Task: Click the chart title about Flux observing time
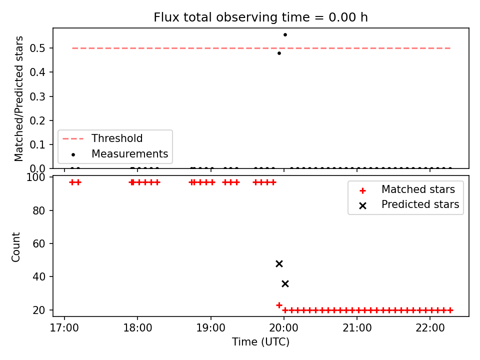(260, 17)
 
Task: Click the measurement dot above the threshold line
(285, 35)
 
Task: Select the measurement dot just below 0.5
(279, 53)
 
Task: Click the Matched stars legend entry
(407, 189)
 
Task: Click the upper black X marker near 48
(279, 263)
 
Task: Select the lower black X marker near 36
(285, 284)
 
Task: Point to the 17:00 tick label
(64, 328)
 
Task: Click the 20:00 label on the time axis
(284, 328)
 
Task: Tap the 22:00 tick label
(430, 328)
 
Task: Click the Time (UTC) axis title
(260, 341)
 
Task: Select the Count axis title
(15, 247)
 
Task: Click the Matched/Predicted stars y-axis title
(18, 98)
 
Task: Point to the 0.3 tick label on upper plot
(37, 96)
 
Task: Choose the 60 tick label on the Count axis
(38, 243)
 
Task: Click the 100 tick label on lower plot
(35, 177)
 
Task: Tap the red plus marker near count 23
(279, 305)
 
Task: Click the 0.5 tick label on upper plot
(37, 48)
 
